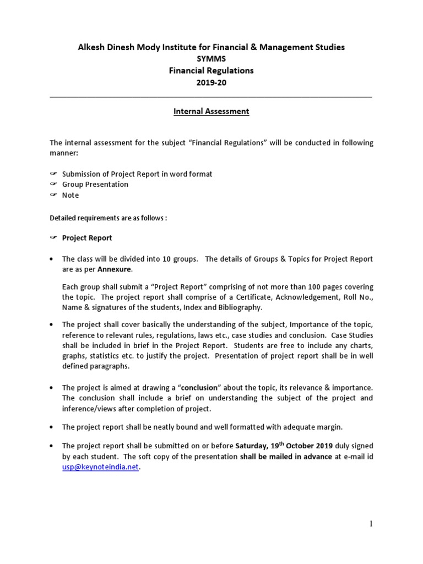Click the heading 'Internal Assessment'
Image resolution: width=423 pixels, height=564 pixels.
(211, 111)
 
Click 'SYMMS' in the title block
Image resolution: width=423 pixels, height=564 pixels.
(211, 59)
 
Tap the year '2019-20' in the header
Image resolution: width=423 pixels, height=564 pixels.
(211, 83)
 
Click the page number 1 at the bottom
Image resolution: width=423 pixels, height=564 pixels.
(371, 524)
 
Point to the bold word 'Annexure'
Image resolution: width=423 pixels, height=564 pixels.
(115, 270)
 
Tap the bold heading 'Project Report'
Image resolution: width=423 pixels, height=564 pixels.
(87, 238)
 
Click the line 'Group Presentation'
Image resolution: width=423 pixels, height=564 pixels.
(95, 185)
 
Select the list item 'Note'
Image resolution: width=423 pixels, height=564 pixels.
(70, 196)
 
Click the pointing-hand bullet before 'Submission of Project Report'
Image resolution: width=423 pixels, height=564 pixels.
(53, 174)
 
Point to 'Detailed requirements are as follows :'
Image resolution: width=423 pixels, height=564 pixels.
(108, 218)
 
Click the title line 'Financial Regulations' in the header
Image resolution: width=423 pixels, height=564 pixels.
(211, 70)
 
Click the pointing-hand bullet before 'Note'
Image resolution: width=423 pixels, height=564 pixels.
(53, 196)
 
